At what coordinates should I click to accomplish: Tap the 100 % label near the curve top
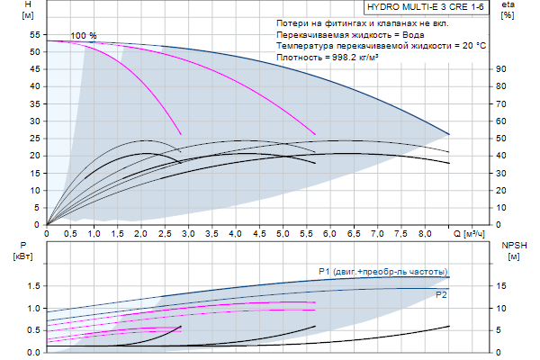click(84, 35)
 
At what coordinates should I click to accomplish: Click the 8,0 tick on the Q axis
click(425, 234)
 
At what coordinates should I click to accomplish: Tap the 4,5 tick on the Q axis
click(259, 234)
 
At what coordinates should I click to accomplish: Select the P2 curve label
click(441, 294)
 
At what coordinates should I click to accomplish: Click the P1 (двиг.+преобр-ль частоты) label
click(382, 271)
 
